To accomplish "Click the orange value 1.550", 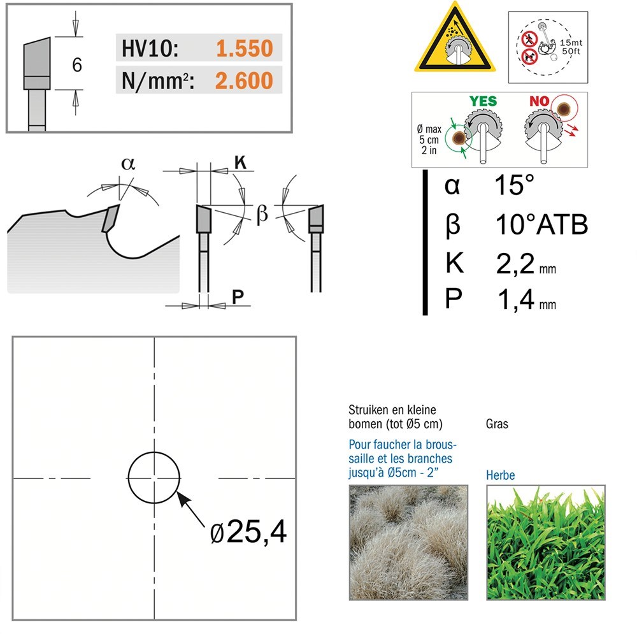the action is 245,48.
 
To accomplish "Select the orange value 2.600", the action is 244,81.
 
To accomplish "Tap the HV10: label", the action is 150,48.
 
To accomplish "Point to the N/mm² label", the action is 158,81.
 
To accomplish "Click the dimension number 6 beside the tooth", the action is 77,65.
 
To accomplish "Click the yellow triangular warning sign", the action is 455,38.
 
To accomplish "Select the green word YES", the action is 483,101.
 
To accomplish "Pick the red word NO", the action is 539,101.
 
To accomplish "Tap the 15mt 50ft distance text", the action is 571,47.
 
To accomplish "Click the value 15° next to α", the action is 514,185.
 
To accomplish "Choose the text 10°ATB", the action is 542,224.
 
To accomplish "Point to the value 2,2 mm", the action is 526,264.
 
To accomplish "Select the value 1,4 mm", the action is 527,300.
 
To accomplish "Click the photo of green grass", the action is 546,542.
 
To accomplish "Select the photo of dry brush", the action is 409,542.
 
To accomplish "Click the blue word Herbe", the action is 501,475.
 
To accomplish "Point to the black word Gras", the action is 497,424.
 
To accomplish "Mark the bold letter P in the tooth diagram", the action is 238,297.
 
